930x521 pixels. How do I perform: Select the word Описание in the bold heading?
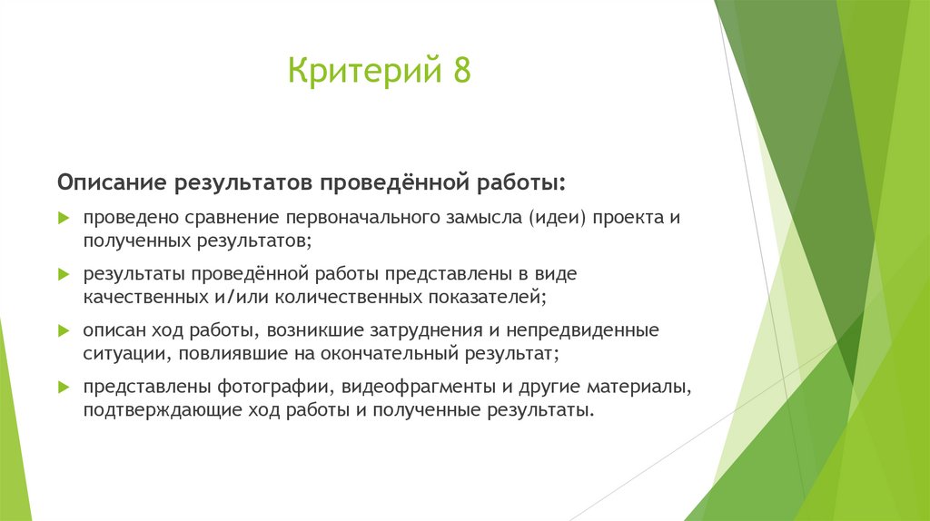[x=108, y=183]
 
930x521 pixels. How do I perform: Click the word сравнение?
[x=228, y=220]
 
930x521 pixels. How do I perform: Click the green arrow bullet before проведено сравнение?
[x=63, y=220]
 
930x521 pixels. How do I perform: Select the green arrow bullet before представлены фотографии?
[x=63, y=387]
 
